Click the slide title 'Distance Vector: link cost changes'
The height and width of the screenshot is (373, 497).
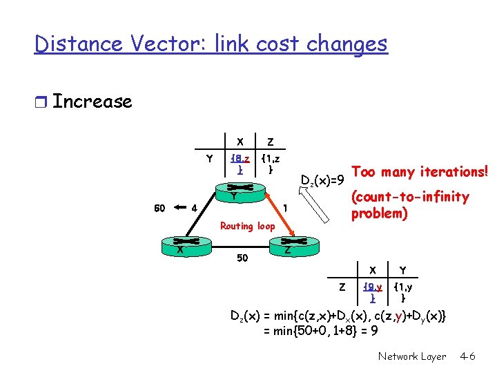pyautogui.click(x=211, y=44)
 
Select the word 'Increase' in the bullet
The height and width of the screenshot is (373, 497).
pyautogui.click(x=92, y=102)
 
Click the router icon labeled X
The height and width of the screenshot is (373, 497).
pyautogui.click(x=179, y=243)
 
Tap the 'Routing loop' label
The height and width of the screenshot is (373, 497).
pyautogui.click(x=247, y=225)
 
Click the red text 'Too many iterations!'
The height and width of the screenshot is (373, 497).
pyautogui.click(x=420, y=171)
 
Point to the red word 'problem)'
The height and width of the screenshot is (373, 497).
pyautogui.click(x=380, y=213)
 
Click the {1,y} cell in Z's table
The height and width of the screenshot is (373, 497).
pyautogui.click(x=403, y=291)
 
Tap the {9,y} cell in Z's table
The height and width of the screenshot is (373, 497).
pyautogui.click(x=373, y=291)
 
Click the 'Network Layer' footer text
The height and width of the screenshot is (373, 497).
pyautogui.click(x=412, y=356)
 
